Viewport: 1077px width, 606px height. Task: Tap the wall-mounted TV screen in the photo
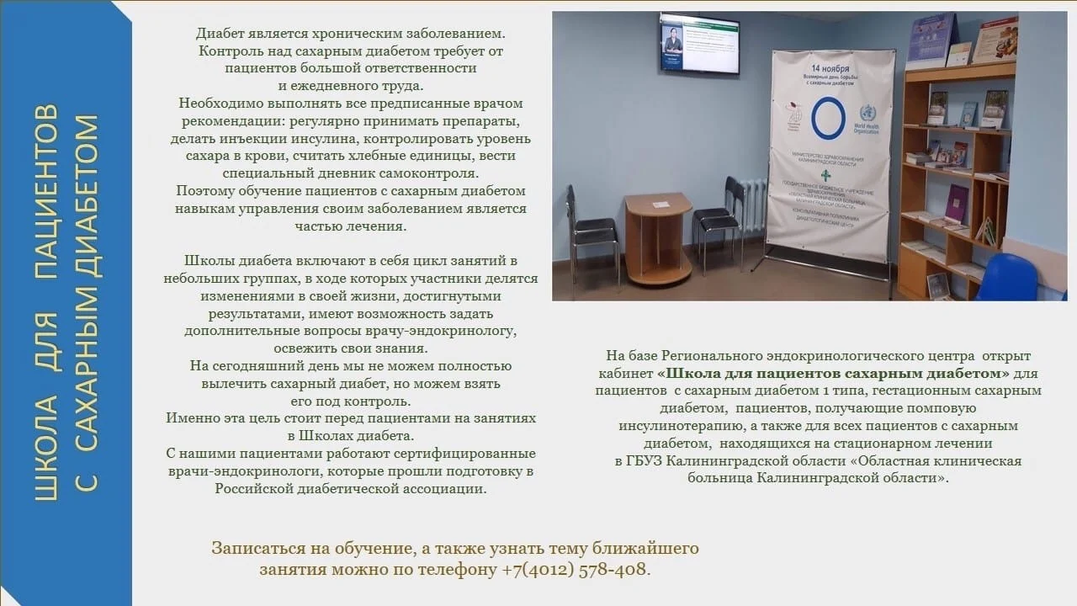[699, 43]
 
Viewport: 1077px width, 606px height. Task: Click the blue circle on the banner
[827, 118]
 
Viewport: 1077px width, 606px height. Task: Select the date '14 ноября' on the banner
[830, 66]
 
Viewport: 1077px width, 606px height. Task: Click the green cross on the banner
[826, 175]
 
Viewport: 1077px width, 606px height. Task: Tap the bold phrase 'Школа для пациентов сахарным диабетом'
[833, 373]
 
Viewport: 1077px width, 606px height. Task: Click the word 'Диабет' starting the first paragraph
[220, 34]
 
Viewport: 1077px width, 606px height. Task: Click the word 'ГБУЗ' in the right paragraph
[643, 461]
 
